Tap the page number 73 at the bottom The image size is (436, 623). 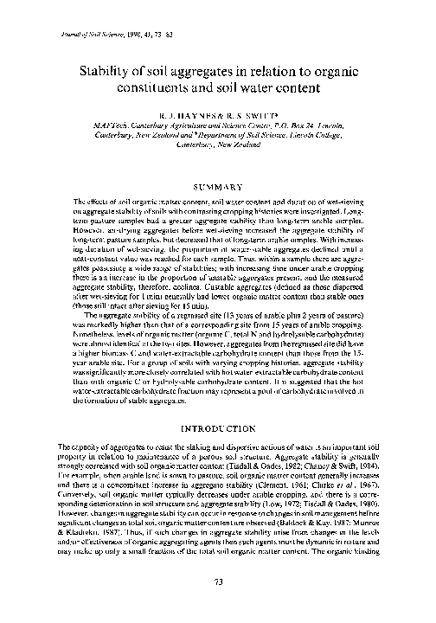pyautogui.click(x=218, y=605)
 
